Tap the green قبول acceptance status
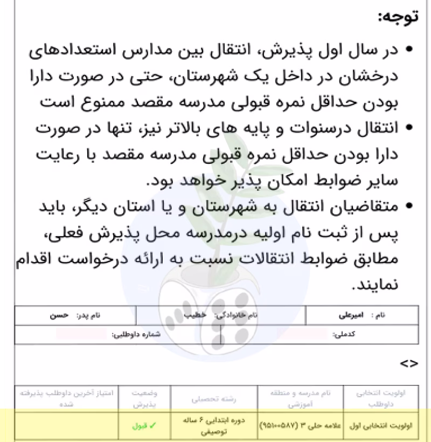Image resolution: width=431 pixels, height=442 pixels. click(x=144, y=425)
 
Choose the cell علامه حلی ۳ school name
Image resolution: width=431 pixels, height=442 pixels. click(x=300, y=425)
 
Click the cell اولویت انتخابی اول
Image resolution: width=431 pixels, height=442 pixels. click(x=384, y=425)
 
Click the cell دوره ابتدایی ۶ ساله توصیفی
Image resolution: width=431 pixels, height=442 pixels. click(x=194, y=425)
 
